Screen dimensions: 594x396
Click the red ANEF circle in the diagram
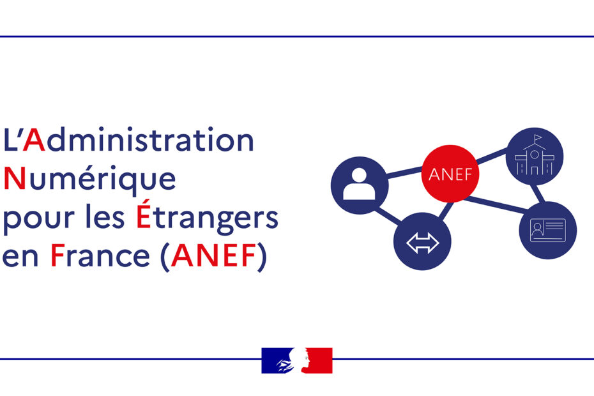450,174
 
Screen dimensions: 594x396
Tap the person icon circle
360,185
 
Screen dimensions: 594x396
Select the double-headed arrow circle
422,241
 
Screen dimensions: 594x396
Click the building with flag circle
535,156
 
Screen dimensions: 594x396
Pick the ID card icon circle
548,231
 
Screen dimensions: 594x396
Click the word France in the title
100,255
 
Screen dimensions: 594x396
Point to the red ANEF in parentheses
214,255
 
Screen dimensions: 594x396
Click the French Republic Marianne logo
297,360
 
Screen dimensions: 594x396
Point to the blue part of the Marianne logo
276,360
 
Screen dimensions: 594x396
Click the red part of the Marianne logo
319,360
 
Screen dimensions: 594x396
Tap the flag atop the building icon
538,137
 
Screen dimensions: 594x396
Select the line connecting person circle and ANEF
405,172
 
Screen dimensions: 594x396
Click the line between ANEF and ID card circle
497,204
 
